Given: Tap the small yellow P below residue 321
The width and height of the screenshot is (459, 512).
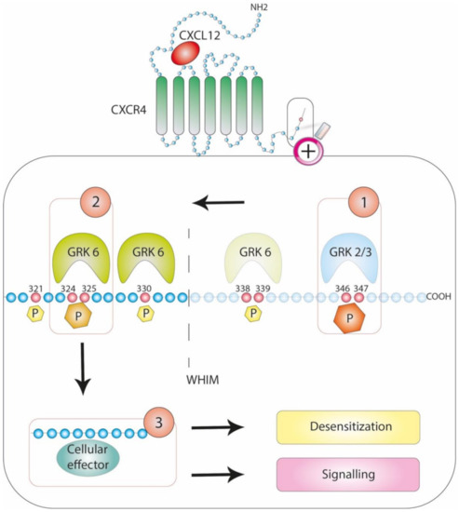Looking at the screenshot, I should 35,315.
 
